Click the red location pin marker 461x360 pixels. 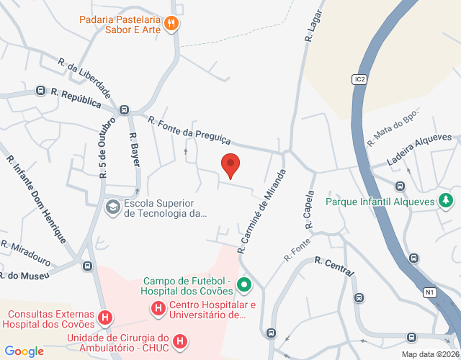[x=230, y=165]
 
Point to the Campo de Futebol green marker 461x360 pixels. [x=243, y=286]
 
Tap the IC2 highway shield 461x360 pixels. [x=359, y=79]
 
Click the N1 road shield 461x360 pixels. [x=430, y=292]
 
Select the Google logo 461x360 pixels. [x=24, y=351]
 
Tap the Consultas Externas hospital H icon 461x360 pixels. [x=105, y=317]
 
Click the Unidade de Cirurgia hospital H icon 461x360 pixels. [x=180, y=340]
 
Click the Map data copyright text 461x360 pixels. [x=429, y=354]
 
